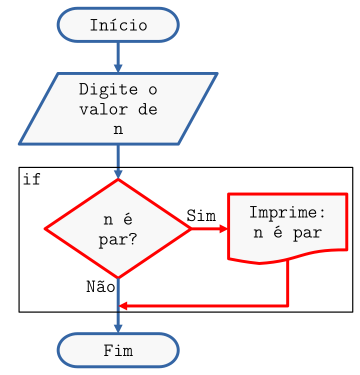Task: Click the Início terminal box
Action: (118, 24)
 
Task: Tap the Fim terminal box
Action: (118, 350)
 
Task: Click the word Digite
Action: (108, 90)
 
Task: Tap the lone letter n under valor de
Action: (118, 129)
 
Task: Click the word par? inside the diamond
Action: (118, 240)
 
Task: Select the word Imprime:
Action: (287, 212)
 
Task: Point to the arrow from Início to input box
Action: (118, 57)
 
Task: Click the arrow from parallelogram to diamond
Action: (118, 161)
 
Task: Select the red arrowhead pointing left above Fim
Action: (122, 305)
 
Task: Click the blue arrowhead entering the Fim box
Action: (118, 328)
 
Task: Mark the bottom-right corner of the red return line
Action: (288, 305)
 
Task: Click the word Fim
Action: (118, 350)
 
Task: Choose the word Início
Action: (118, 25)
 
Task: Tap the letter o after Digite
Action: (152, 90)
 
